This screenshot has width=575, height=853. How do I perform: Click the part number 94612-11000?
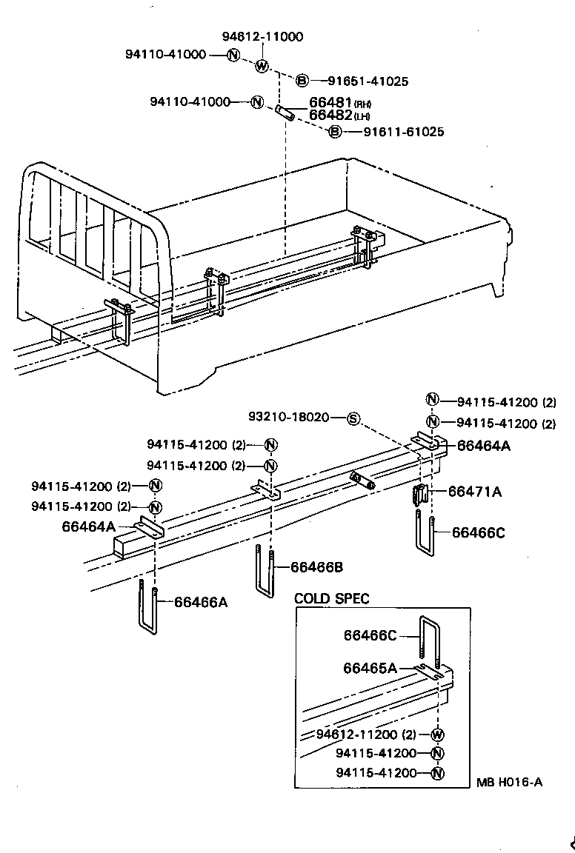coord(262,36)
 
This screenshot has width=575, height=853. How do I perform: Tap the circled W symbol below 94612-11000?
coord(262,66)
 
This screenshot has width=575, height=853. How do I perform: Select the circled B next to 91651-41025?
coord(302,81)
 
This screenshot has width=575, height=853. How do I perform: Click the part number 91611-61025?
coord(403,132)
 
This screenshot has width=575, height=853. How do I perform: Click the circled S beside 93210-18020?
coord(353,418)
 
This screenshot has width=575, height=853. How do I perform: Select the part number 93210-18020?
coord(299,418)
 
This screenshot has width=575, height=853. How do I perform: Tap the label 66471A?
coord(474,492)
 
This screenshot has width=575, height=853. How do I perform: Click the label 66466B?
coord(316,567)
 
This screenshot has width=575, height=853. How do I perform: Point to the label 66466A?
coord(200,602)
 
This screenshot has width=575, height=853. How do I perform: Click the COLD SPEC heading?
coord(331,598)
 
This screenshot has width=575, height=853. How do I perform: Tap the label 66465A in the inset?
coord(370,667)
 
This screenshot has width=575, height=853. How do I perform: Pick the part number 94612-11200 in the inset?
coord(357,735)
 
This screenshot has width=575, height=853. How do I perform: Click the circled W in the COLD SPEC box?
coord(436,735)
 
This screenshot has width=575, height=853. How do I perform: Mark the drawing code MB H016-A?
coord(509,782)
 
